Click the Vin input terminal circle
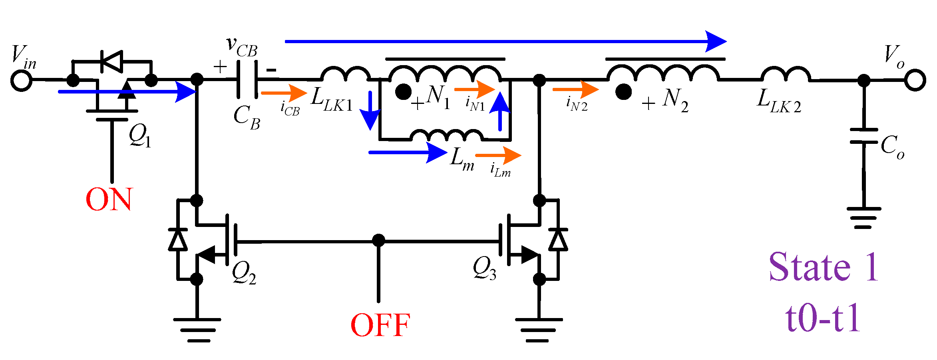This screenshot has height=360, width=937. pyautogui.click(x=21, y=80)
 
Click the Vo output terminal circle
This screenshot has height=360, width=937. pyautogui.click(x=915, y=80)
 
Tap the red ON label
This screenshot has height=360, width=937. pyautogui.click(x=109, y=199)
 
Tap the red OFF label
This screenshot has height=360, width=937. pyautogui.click(x=380, y=325)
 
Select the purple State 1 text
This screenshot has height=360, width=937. pyautogui.click(x=823, y=267)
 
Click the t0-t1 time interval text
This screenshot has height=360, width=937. pyautogui.click(x=822, y=318)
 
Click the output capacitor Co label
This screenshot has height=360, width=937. pyautogui.click(x=892, y=147)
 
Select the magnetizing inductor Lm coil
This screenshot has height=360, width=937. pyautogui.click(x=447, y=135)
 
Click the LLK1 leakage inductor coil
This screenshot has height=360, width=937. pyautogui.click(x=345, y=74)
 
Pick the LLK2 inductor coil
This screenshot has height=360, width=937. pyautogui.click(x=786, y=74)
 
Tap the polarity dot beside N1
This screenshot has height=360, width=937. pyautogui.click(x=403, y=92)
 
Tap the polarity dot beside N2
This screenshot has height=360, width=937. pyautogui.click(x=623, y=92)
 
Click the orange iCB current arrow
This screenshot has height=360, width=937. pyautogui.click(x=284, y=93)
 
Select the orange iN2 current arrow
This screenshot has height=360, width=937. pyautogui.click(x=575, y=90)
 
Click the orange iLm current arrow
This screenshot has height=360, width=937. pyautogui.click(x=498, y=155)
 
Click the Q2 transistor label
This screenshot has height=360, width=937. pyautogui.click(x=244, y=273)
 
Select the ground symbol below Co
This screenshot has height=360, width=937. pyautogui.click(x=863, y=218)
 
